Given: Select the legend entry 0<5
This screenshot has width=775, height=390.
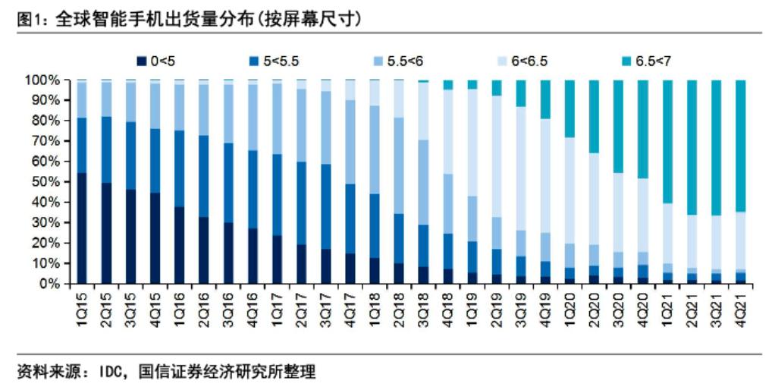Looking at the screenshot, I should point(160,61).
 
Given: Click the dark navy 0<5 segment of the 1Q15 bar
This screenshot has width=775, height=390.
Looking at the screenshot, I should point(81,228).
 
